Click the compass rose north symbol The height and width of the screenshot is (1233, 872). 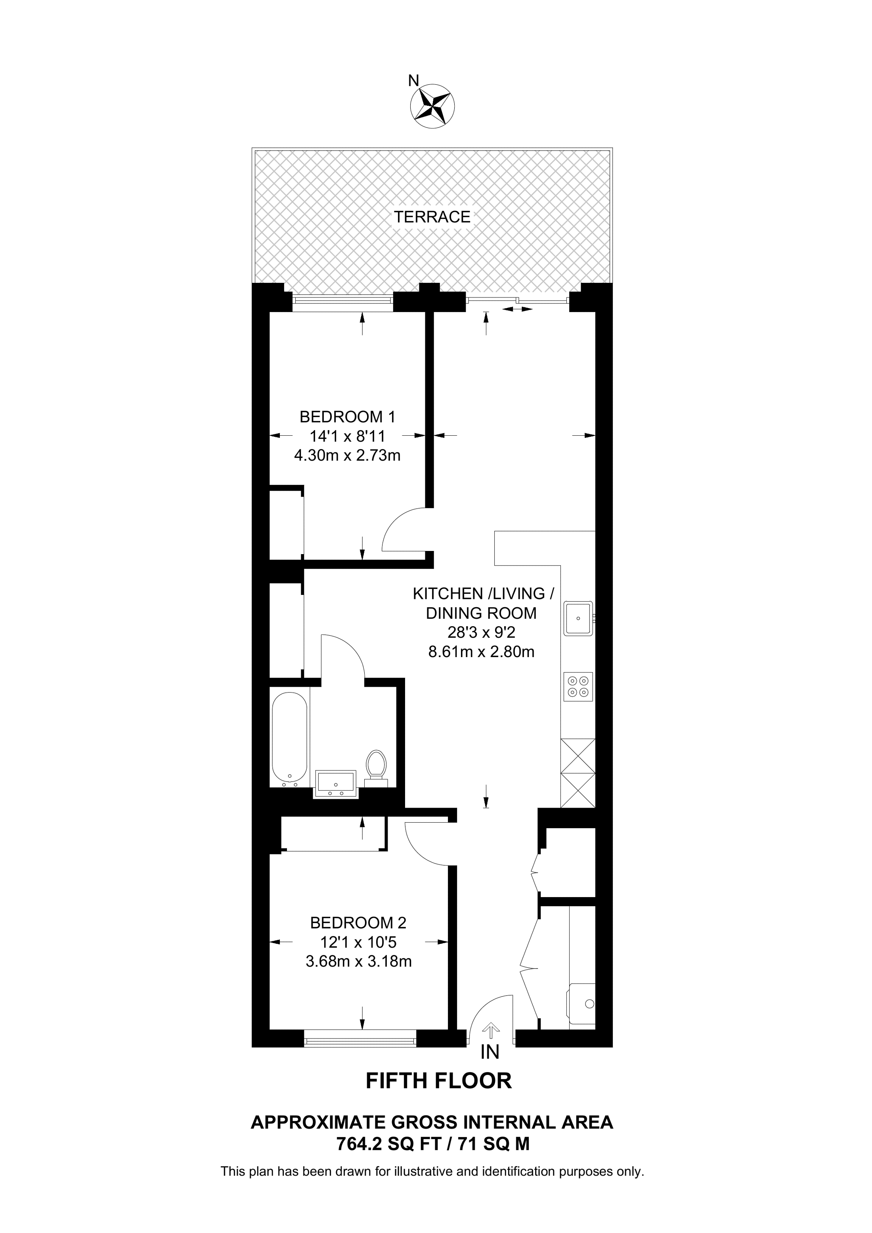click(x=432, y=106)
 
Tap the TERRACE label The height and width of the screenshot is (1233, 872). click(x=432, y=217)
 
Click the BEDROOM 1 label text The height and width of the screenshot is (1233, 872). click(x=347, y=416)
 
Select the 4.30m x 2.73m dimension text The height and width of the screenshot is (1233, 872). click(x=347, y=456)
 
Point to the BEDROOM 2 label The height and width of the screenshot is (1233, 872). click(x=358, y=922)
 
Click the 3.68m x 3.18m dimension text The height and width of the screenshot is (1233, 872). click(x=358, y=961)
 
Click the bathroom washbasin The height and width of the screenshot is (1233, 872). click(x=336, y=784)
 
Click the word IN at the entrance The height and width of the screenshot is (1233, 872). click(x=490, y=1052)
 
